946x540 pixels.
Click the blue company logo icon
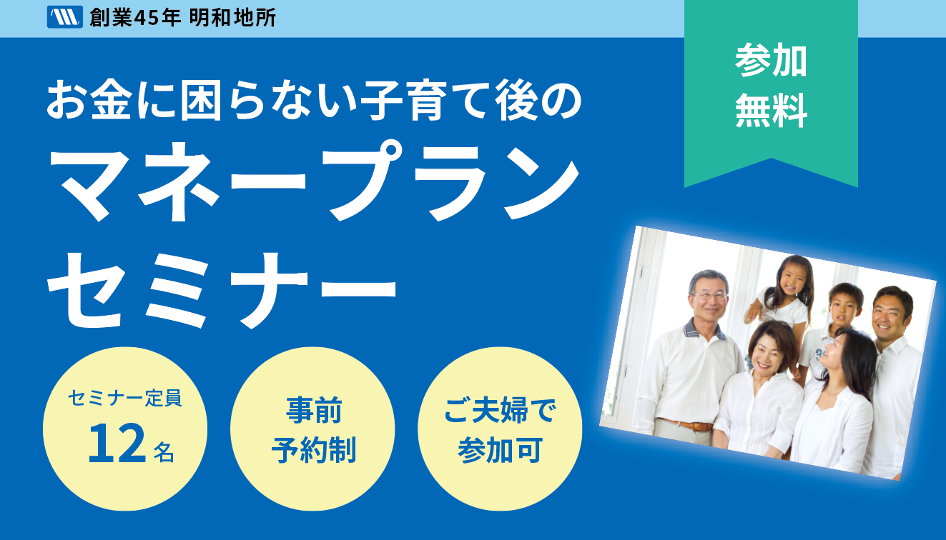[x=64, y=17]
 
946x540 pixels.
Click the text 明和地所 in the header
[x=232, y=18]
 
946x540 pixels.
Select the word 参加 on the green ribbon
[x=771, y=60]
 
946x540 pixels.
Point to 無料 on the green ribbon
[x=771, y=110]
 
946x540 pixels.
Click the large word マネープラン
[x=315, y=181]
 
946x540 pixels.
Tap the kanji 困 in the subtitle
[x=201, y=101]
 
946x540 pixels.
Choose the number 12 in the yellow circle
[x=117, y=444]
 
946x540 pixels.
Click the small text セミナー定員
[x=125, y=398]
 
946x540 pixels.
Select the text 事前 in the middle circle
[x=314, y=410]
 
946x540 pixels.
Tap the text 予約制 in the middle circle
[x=314, y=450]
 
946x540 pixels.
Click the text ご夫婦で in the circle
[x=500, y=410]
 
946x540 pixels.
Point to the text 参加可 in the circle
[x=500, y=450]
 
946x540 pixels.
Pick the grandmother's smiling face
[x=767, y=354]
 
